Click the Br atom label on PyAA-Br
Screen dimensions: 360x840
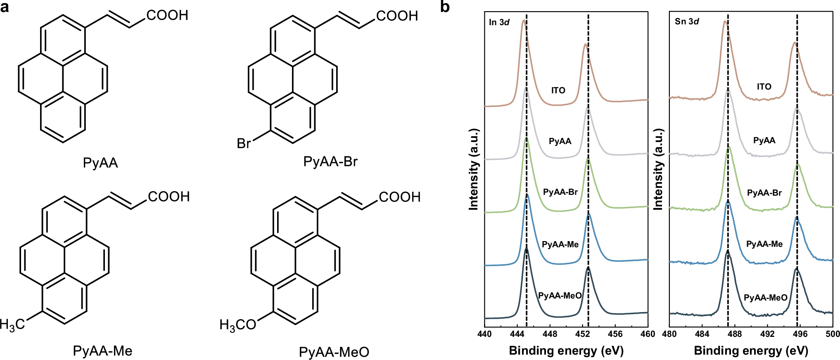pyautogui.click(x=244, y=143)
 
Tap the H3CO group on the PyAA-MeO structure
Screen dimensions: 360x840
pyautogui.click(x=238, y=325)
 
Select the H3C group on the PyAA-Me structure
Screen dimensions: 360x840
pyautogui.click(x=12, y=324)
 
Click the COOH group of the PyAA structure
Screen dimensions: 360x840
pyautogui.click(x=167, y=15)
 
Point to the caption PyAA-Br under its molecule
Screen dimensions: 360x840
pyautogui.click(x=330, y=161)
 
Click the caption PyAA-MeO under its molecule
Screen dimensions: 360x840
pyautogui.click(x=334, y=352)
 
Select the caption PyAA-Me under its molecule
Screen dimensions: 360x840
pyautogui.click(x=103, y=351)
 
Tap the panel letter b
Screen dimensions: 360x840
pyautogui.click(x=445, y=7)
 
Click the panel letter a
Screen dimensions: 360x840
pyautogui.click(x=5, y=7)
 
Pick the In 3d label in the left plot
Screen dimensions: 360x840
pyautogui.click(x=499, y=22)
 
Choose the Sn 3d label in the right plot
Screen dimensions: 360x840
pyautogui.click(x=687, y=21)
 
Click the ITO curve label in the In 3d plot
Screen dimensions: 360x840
pyautogui.click(x=558, y=90)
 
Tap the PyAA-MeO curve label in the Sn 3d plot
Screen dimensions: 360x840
pyautogui.click(x=765, y=298)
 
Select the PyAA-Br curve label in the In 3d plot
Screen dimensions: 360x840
pyautogui.click(x=560, y=192)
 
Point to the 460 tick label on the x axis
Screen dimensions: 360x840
pyautogui.click(x=647, y=334)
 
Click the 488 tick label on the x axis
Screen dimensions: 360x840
pyautogui.click(x=734, y=334)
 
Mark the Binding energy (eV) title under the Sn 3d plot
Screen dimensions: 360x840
pyautogui.click(x=751, y=351)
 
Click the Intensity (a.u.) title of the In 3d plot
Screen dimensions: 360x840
pyautogui.click(x=474, y=169)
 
